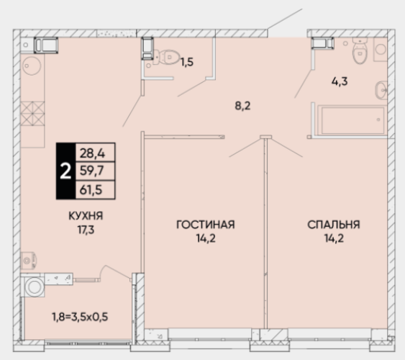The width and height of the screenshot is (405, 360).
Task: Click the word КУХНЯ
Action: [86, 216]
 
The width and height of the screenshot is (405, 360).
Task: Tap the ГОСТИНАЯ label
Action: [206, 225]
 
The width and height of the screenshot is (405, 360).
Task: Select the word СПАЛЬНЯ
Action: [334, 225]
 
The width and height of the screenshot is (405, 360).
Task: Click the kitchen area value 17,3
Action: [86, 230]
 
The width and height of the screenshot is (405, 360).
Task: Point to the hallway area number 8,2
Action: [242, 106]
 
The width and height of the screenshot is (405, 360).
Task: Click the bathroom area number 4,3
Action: [340, 81]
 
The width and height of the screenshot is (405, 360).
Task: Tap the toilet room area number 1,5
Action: [187, 63]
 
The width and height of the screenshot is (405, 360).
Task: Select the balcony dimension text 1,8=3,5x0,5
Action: [80, 317]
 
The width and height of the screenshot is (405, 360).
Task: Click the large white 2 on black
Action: [65, 171]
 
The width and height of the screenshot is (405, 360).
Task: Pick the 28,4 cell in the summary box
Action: [93, 153]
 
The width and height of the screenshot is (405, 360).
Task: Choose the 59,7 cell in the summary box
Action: [92, 171]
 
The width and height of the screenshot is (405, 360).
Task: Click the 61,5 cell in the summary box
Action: [91, 190]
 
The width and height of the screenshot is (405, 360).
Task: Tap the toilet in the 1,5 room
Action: [167, 57]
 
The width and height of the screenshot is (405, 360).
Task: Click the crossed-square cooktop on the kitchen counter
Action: [32, 114]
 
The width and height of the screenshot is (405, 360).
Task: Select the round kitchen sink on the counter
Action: [32, 66]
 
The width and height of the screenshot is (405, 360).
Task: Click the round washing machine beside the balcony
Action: [34, 287]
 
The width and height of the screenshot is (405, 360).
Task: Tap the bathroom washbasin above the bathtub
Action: [381, 90]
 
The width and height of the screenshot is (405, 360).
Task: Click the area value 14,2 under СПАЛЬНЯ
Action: [334, 238]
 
